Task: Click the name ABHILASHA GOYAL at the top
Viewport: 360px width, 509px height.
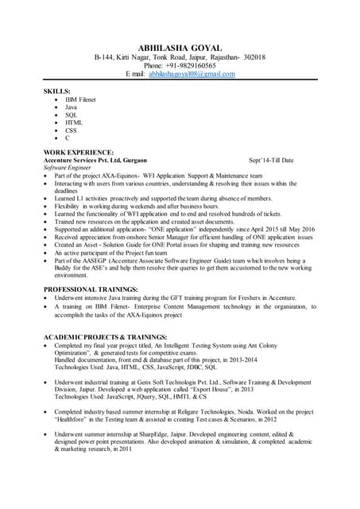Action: [180, 48]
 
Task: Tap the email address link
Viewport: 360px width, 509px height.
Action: [192, 74]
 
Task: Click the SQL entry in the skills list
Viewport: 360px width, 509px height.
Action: [72, 115]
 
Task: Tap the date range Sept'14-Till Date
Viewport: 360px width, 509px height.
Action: [271, 160]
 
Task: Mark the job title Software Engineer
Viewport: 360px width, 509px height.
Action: [68, 168]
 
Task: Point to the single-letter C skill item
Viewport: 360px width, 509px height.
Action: [68, 138]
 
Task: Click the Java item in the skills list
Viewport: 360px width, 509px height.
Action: [72, 107]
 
